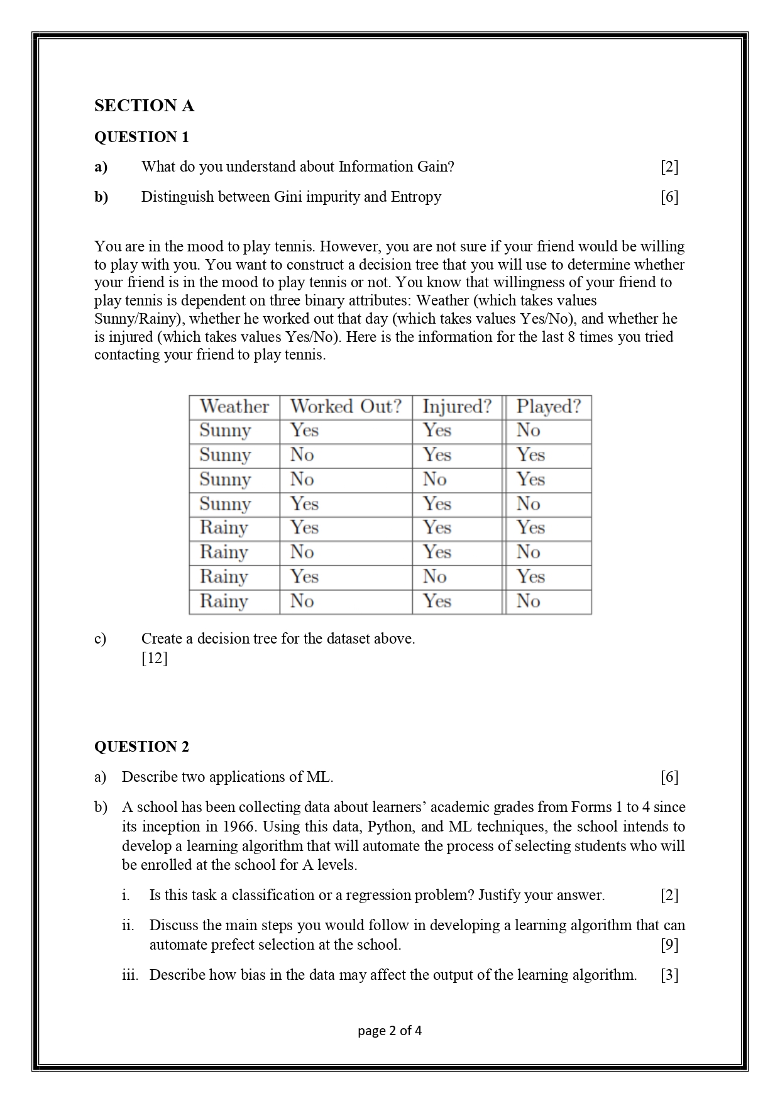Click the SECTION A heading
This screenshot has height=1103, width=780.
click(x=144, y=106)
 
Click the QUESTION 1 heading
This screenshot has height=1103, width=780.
click(x=141, y=137)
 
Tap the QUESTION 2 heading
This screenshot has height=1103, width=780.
click(x=141, y=747)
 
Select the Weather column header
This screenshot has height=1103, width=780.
click(x=234, y=407)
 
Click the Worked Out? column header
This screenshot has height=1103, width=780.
click(x=346, y=407)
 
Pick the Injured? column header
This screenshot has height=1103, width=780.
click(x=457, y=407)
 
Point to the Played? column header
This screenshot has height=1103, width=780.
click(x=548, y=407)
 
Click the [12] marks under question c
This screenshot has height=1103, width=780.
click(x=155, y=658)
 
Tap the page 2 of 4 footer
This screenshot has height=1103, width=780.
click(x=390, y=1030)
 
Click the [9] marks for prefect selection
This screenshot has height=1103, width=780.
click(x=669, y=945)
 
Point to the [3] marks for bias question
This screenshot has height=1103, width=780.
click(x=669, y=975)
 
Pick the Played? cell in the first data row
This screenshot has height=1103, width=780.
click(x=529, y=431)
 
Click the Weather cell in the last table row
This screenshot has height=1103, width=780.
click(x=224, y=601)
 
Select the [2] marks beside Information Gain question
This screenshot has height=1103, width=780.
click(x=669, y=167)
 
